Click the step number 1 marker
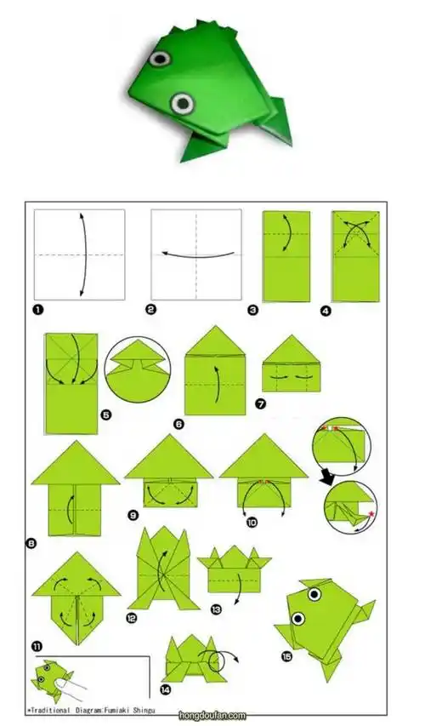[39, 310]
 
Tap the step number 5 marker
[106, 414]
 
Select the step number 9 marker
[133, 515]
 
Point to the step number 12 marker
[133, 618]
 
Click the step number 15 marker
[286, 656]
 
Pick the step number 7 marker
[260, 404]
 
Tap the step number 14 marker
[165, 690]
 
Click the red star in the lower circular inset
[370, 514]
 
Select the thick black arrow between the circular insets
[328, 480]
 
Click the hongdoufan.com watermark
[212, 716]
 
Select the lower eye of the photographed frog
[182, 103]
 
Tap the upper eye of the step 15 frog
[314, 595]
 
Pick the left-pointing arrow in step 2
[197, 255]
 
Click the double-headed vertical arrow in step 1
[84, 254]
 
